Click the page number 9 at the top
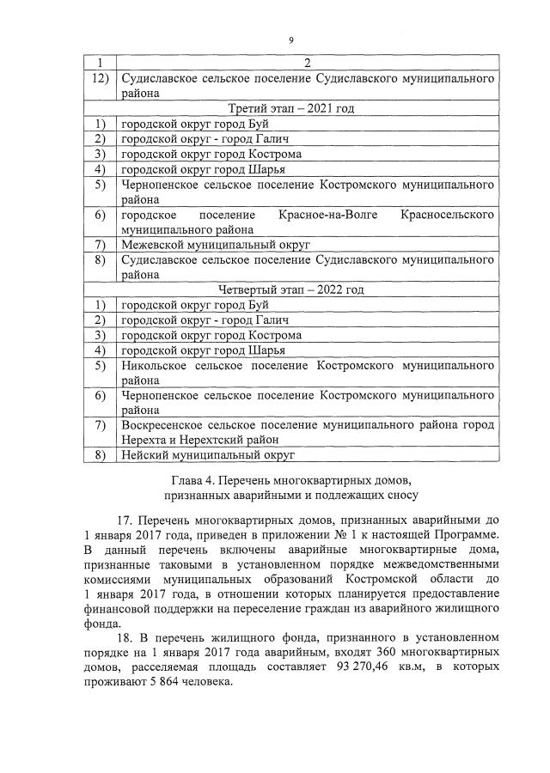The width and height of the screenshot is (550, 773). click(291, 40)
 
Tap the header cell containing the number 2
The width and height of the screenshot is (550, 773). click(307, 63)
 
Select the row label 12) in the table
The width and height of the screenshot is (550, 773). click(100, 78)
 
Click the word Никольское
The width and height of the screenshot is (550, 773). click(159, 365)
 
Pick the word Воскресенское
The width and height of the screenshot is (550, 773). click(167, 424)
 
